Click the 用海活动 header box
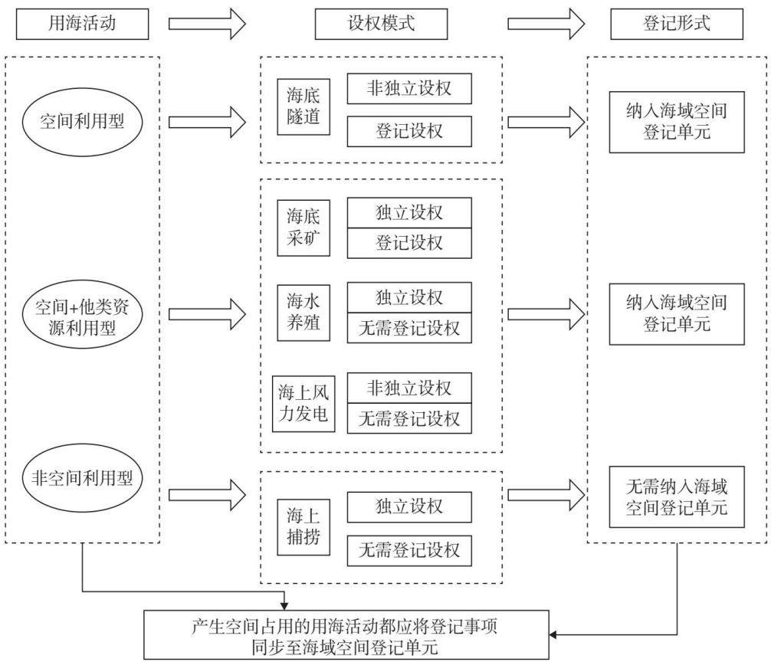(x=82, y=24)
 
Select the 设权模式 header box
(x=381, y=24)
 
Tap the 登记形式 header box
(x=677, y=24)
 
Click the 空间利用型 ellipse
(x=82, y=122)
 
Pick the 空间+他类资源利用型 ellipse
(x=82, y=315)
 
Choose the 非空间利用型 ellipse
(x=82, y=477)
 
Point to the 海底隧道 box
(x=303, y=107)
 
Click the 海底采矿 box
(x=303, y=228)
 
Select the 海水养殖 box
(x=303, y=313)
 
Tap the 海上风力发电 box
(x=303, y=404)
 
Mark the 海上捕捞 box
(x=303, y=527)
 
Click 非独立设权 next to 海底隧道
(x=409, y=88)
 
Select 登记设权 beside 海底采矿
(x=409, y=243)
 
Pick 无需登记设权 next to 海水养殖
(x=409, y=328)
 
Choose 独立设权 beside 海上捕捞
(x=409, y=506)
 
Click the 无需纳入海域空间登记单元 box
(x=677, y=496)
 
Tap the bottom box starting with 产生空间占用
(x=346, y=635)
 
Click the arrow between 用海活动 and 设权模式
(x=207, y=24)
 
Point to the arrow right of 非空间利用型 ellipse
(x=207, y=495)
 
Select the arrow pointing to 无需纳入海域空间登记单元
(x=546, y=494)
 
